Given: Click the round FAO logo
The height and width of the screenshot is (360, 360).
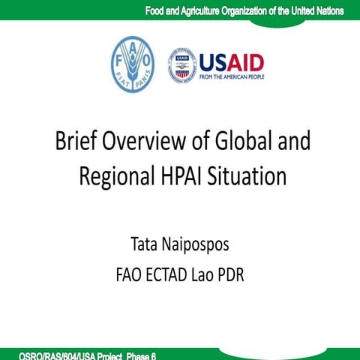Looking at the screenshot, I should [132, 64].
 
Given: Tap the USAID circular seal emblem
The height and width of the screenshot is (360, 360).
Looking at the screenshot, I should [183, 65].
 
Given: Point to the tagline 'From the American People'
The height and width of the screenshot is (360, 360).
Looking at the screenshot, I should [232, 76].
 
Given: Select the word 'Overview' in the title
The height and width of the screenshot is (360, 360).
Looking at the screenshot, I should [150, 142].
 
